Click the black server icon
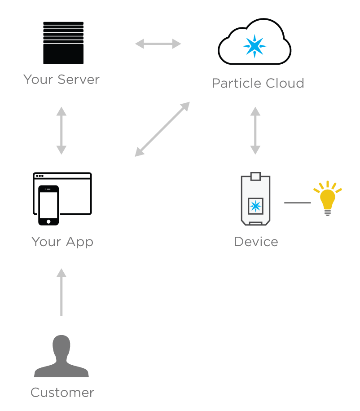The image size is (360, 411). (63, 43)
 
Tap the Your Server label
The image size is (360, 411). (61, 80)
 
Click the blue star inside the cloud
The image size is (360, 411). (255, 46)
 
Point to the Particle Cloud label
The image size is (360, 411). (258, 84)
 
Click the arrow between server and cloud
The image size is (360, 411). (158, 44)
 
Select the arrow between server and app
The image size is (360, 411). (61, 131)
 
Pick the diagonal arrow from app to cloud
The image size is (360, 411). (162, 129)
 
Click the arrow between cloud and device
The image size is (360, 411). (255, 131)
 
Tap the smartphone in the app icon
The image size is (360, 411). (48, 205)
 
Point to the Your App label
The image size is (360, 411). (62, 242)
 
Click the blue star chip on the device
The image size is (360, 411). (255, 206)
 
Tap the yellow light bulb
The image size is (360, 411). (328, 199)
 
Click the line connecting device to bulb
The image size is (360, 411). (297, 203)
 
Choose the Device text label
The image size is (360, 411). (256, 242)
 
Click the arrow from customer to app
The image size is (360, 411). (61, 292)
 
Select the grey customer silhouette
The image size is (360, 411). (61, 356)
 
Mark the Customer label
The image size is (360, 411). (62, 393)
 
